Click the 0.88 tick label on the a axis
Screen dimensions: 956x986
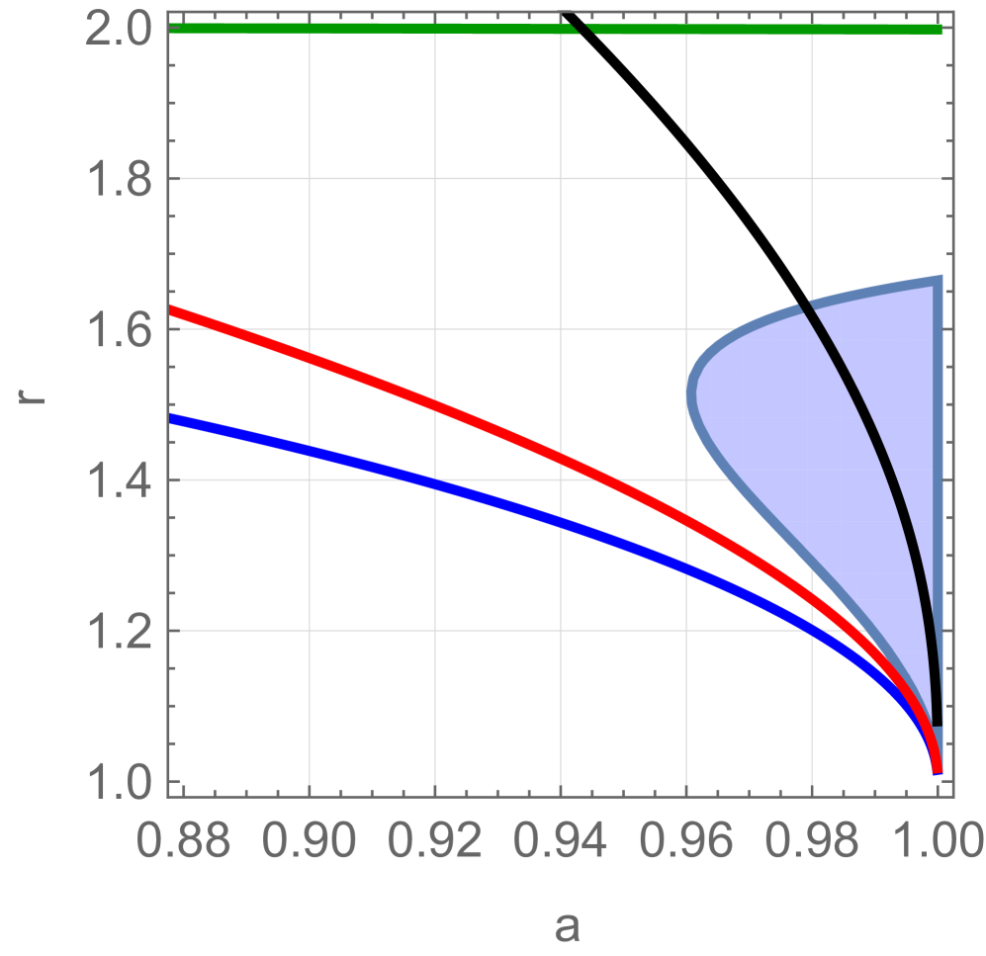click(184, 843)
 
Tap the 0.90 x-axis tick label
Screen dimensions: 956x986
click(310, 843)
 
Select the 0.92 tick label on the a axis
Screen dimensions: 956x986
click(435, 843)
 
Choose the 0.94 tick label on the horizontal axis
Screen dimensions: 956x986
click(561, 843)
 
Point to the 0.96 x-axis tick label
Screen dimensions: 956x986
click(686, 843)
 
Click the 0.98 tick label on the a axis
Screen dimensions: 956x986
click(812, 843)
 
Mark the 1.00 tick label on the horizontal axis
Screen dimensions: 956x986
click(934, 843)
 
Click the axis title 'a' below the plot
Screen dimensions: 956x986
click(566, 926)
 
